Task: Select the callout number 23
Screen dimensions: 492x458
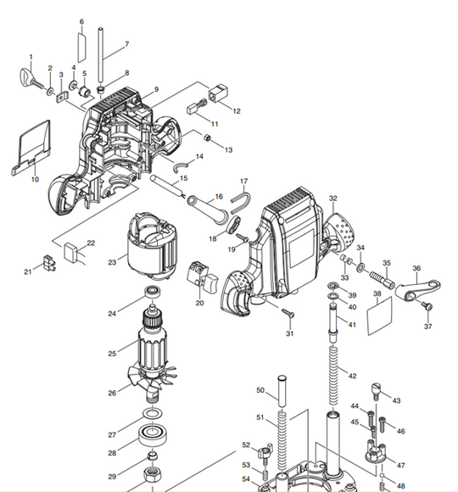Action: [112, 263]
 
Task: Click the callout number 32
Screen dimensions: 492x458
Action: [333, 198]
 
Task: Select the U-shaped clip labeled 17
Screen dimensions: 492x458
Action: [240, 200]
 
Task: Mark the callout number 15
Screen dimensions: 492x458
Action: [182, 179]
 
